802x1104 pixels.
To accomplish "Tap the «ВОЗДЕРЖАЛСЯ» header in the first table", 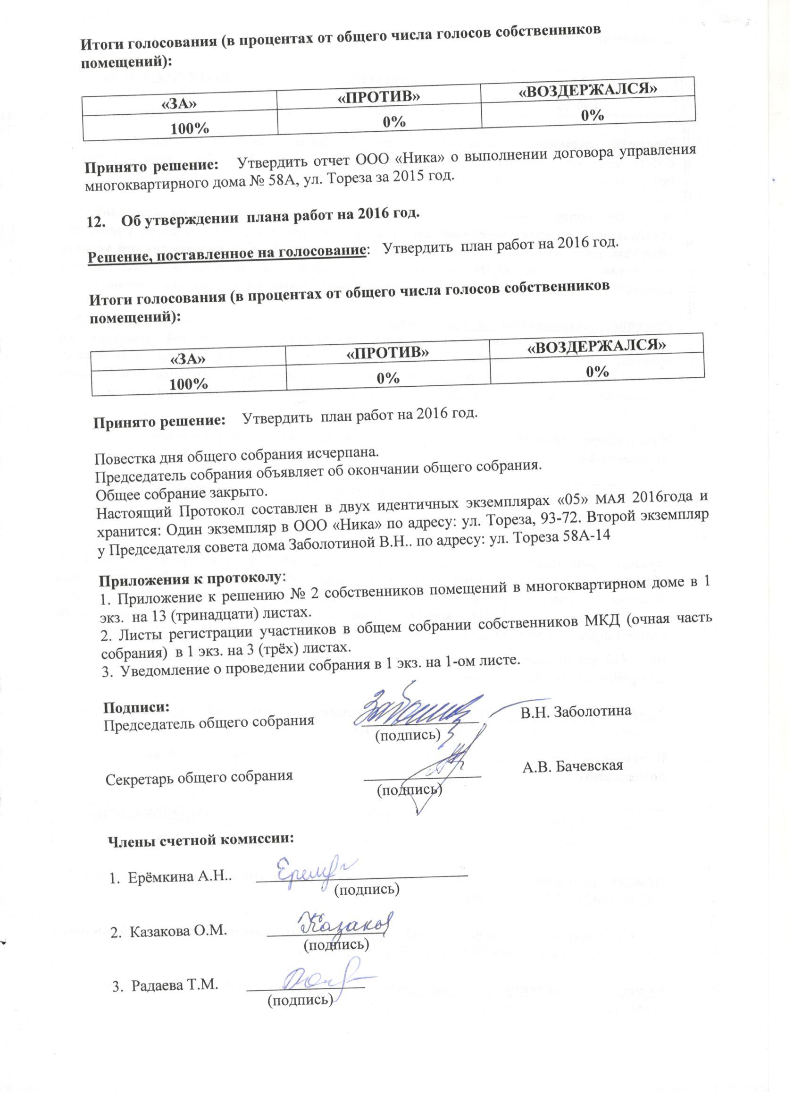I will click(x=587, y=89).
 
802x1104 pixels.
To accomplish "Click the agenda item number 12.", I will click(x=95, y=222).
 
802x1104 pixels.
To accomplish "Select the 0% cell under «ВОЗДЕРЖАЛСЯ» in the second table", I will click(x=597, y=372).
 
